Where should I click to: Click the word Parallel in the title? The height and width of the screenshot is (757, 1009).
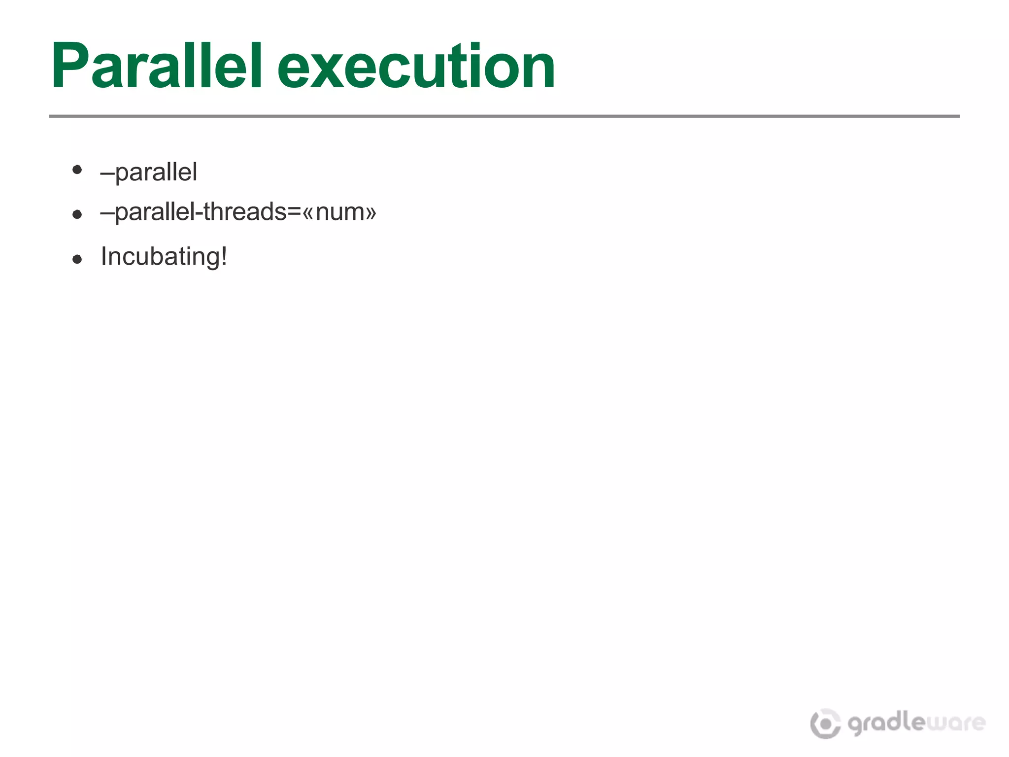coord(157,67)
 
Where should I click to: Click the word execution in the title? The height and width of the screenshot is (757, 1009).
coord(416,67)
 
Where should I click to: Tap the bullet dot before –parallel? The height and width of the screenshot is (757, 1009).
coord(77,170)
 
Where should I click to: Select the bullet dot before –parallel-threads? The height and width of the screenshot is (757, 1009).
coord(77,214)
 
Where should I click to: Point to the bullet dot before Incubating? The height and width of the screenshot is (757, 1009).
coord(77,259)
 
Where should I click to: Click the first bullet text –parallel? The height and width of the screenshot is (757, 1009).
coord(149,172)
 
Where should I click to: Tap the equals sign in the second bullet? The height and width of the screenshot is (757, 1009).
coord(294,212)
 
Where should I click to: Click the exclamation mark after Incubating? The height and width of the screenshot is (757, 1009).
coord(224,256)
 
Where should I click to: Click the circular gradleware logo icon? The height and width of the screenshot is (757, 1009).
coord(825,723)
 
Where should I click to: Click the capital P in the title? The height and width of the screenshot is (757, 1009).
coord(69,67)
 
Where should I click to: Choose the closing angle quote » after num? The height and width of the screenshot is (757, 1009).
coord(371,213)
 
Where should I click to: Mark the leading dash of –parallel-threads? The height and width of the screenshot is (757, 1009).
coord(107,212)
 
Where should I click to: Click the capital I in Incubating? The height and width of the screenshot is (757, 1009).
coord(103,256)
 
